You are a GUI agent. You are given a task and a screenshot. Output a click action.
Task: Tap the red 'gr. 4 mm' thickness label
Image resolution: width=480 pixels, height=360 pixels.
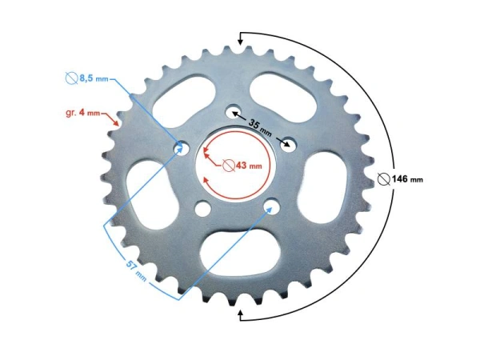coord(82,113)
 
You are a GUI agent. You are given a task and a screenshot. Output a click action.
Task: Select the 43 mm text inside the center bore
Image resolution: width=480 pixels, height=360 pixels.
coord(249,166)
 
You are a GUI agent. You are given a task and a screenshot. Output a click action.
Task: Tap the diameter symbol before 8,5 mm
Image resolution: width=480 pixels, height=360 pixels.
coord(70,78)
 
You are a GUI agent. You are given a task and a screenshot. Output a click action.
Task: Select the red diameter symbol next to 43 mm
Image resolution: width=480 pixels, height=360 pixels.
coord(228,166)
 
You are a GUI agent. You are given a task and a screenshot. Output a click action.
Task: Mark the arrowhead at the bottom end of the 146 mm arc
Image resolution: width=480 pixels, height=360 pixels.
coord(242,316)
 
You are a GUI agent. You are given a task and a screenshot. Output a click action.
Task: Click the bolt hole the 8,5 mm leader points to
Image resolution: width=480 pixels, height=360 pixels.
coord(181,147)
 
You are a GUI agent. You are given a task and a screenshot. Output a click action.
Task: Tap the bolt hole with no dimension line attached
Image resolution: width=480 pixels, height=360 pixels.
coord(203,210)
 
